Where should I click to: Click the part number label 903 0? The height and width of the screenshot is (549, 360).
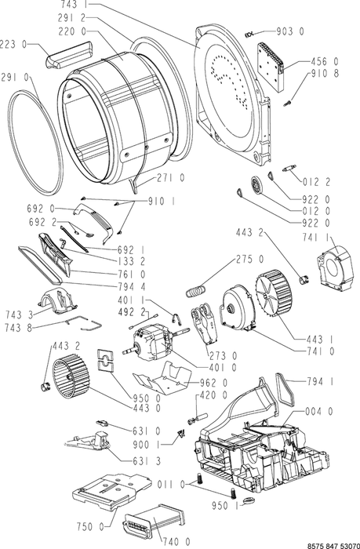pyautogui.click(x=290, y=31)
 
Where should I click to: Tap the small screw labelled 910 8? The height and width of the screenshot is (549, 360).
pyautogui.click(x=287, y=103)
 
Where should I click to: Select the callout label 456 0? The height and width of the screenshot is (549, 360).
pyautogui.click(x=325, y=62)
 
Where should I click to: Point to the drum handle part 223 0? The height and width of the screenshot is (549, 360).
pyautogui.click(x=69, y=54)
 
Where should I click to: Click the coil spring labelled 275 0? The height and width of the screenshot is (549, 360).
pyautogui.click(x=196, y=291)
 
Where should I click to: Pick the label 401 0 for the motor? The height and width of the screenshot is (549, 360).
pyautogui.click(x=223, y=368)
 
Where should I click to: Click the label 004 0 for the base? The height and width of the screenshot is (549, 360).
pyautogui.click(x=319, y=411)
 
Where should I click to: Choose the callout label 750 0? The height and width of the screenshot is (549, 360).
pyautogui.click(x=91, y=526)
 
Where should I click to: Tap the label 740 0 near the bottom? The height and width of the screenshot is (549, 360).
pyautogui.click(x=176, y=542)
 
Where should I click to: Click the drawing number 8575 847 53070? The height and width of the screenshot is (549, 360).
pyautogui.click(x=333, y=546)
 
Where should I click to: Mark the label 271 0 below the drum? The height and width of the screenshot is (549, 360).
pyautogui.click(x=170, y=178)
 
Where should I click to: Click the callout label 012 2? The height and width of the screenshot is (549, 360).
pyautogui.click(x=317, y=182)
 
